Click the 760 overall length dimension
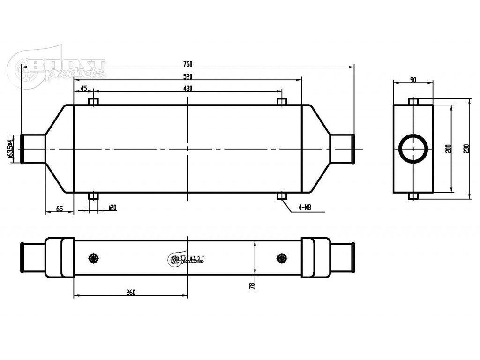pyautogui.click(x=187, y=64)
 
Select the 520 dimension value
pyautogui.click(x=187, y=76)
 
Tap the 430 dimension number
pyautogui.click(x=187, y=88)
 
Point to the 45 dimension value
pyautogui.click(x=83, y=88)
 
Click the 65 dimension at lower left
pyautogui.click(x=60, y=209)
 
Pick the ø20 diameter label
pyautogui.click(x=112, y=207)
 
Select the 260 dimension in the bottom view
pyautogui.click(x=130, y=292)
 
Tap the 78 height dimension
pyautogui.click(x=252, y=285)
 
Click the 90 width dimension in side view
pyautogui.click(x=413, y=80)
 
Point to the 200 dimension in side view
pyautogui.click(x=448, y=149)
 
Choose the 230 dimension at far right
pyautogui.click(x=466, y=149)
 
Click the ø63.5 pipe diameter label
pyautogui.click(x=11, y=149)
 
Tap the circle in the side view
pyautogui.click(x=413, y=149)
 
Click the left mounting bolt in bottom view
pyautogui.click(x=94, y=258)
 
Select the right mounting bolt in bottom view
pyautogui.click(x=281, y=258)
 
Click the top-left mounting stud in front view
pyautogui.click(x=94, y=102)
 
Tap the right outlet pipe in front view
pyautogui.click(x=342, y=149)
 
